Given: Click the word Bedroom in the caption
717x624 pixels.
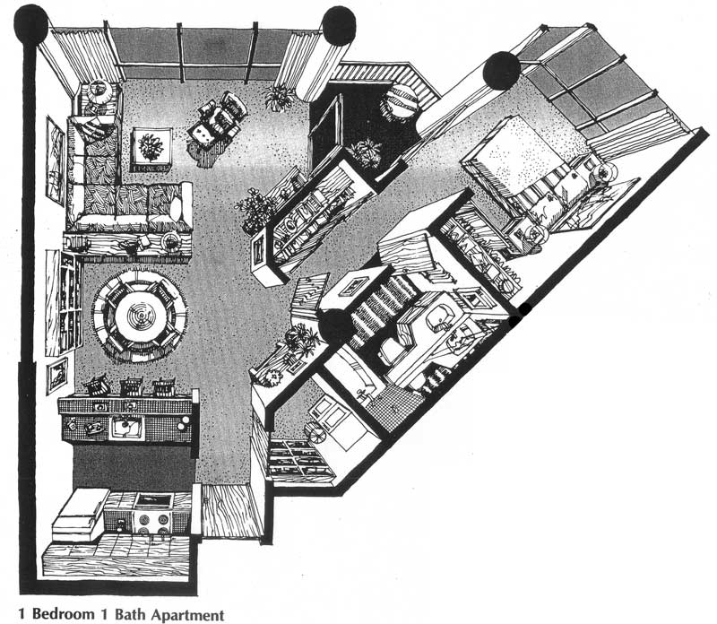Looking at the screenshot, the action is [x=63, y=613].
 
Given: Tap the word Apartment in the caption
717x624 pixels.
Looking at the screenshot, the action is [x=187, y=614].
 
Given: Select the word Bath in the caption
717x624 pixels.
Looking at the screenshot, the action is [x=130, y=613].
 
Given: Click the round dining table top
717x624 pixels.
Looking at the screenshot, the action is [x=141, y=316].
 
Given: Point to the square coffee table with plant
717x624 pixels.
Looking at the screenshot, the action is [x=151, y=150].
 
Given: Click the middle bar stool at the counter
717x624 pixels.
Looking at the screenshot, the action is [x=132, y=387].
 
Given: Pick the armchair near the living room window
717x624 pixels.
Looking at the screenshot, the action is [x=218, y=118].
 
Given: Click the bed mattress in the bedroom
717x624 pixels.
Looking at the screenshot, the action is [x=526, y=165].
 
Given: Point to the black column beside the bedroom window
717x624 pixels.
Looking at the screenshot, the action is [x=502, y=71].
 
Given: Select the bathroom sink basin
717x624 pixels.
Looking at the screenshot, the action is [x=439, y=316].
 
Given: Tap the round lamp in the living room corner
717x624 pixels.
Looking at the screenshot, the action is [x=99, y=91].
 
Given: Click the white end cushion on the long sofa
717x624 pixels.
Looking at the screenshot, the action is [x=177, y=207].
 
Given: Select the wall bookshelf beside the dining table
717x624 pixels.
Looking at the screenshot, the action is [x=65, y=303].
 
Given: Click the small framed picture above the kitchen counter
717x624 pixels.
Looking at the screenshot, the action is [x=57, y=375].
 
